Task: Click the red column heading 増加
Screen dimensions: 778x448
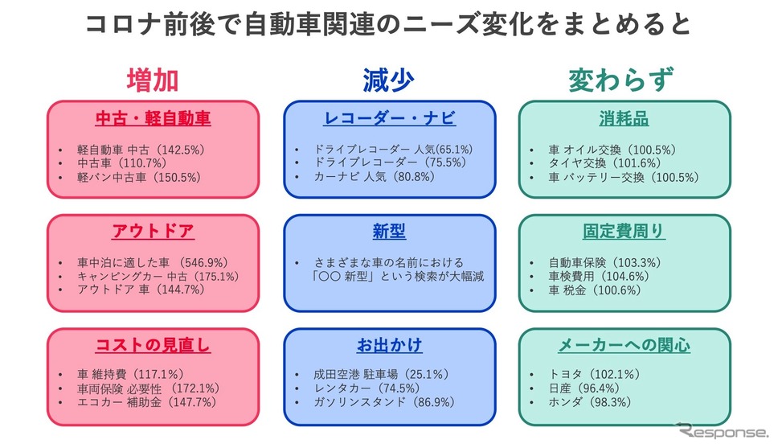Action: tap(153, 80)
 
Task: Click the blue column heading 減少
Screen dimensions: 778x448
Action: tap(388, 80)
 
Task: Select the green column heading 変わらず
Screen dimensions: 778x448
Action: tap(620, 80)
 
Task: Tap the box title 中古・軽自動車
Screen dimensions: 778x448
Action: tap(153, 119)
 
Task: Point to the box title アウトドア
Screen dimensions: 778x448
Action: tap(153, 232)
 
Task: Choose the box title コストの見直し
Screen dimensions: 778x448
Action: tap(153, 345)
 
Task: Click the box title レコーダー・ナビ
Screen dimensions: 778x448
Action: tap(390, 118)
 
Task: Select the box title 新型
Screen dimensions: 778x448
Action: tap(390, 232)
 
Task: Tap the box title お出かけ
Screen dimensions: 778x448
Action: tap(390, 345)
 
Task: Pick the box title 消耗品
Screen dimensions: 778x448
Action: tap(624, 119)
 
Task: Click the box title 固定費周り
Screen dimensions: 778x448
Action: tap(624, 232)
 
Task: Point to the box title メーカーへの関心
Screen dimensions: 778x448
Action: tap(624, 345)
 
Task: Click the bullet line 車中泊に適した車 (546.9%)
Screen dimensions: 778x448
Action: tap(153, 263)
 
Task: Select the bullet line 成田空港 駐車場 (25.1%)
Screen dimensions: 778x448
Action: tap(381, 375)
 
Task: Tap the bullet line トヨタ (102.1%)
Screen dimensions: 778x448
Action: tap(595, 375)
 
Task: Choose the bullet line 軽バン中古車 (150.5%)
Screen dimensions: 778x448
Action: tap(139, 177)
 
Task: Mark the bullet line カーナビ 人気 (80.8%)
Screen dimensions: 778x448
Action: tap(375, 177)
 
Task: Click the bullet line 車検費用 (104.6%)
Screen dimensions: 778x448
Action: tap(599, 277)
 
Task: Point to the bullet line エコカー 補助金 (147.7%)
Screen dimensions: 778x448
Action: tap(147, 402)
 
